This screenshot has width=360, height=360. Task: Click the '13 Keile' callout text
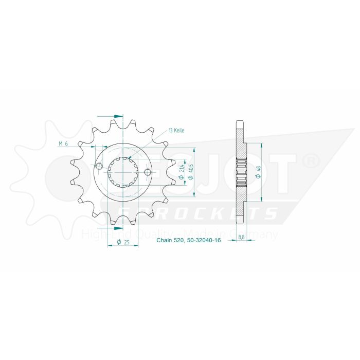click(x=176, y=131)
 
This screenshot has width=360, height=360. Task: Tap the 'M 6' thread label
click(x=63, y=143)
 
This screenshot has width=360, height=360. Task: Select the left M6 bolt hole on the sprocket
click(x=99, y=166)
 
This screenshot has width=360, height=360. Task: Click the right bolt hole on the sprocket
click(x=148, y=171)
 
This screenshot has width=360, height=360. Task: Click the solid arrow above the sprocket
click(x=116, y=116)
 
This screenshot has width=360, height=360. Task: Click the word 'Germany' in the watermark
click(x=257, y=235)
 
